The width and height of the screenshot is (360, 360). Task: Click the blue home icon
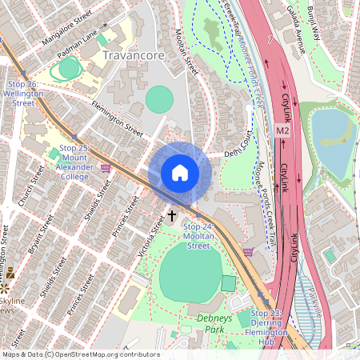(180, 172)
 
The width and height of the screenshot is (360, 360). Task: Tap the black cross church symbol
(172, 216)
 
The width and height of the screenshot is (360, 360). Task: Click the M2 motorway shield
(282, 130)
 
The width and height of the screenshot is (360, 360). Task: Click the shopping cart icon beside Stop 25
(106, 167)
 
